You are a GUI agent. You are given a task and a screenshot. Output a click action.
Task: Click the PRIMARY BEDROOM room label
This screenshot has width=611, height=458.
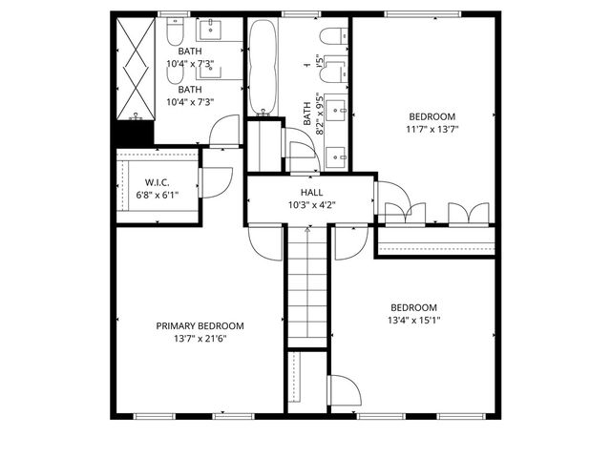(x=200, y=325)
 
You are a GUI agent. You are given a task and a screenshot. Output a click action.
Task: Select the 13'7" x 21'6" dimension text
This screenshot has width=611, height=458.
(x=200, y=338)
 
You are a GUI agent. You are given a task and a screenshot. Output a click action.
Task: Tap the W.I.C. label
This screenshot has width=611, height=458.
(x=158, y=181)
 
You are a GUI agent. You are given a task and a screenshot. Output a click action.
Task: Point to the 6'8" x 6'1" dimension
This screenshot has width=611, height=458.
(x=158, y=194)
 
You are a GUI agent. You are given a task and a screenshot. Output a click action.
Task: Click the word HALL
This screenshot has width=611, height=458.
(x=311, y=192)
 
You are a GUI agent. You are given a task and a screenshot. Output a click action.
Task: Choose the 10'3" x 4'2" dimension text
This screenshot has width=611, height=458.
(x=311, y=204)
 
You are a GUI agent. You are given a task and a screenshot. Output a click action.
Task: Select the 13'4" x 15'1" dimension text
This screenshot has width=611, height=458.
(x=413, y=320)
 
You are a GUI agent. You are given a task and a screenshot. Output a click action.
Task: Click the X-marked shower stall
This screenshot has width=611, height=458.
(x=133, y=67)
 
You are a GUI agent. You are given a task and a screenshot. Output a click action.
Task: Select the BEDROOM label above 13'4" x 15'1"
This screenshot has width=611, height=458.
(x=413, y=307)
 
